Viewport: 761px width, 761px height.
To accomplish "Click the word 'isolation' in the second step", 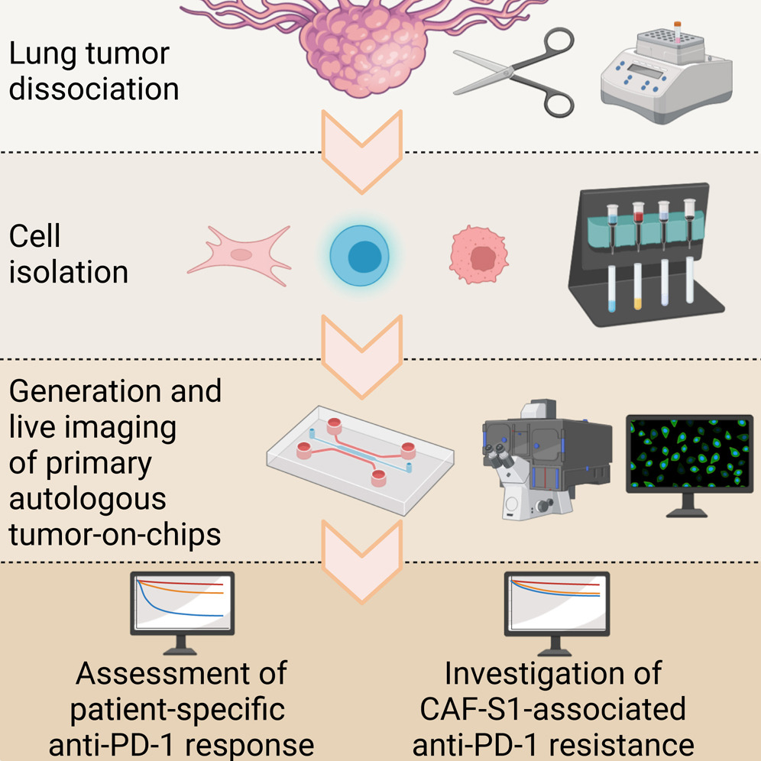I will tap(69, 272).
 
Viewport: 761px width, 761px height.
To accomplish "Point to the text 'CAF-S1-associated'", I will tap(553, 709).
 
